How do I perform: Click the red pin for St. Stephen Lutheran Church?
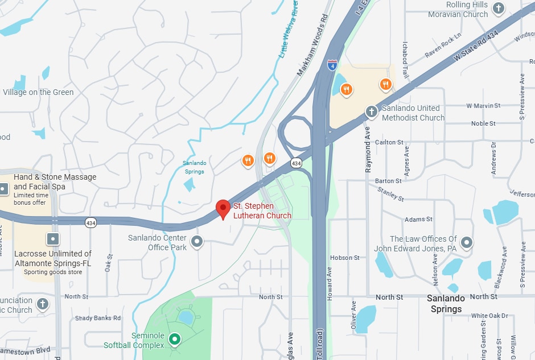[223, 209]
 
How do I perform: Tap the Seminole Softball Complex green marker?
[175, 340]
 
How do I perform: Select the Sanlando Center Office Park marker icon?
[197, 242]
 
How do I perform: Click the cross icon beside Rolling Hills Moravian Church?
[499, 8]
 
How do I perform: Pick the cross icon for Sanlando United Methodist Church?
[371, 111]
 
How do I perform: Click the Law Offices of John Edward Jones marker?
[467, 243]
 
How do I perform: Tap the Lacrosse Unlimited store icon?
[53, 239]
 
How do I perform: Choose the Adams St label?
[418, 219]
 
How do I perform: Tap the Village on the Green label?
[38, 92]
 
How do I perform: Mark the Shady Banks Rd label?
[98, 318]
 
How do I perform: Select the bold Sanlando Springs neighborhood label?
[446, 304]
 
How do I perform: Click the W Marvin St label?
[483, 106]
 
